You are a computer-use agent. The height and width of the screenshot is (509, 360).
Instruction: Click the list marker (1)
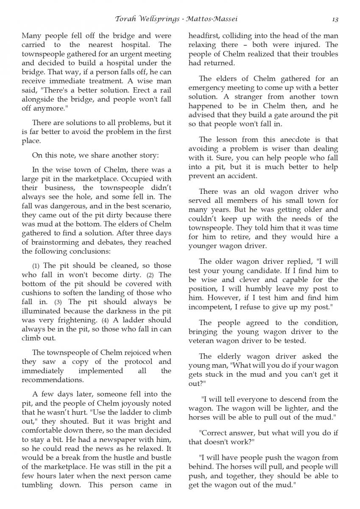(x=36, y=266)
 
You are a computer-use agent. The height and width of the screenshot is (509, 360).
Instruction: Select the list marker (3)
(x=58, y=302)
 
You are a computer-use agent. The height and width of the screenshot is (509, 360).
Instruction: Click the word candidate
(x=274, y=271)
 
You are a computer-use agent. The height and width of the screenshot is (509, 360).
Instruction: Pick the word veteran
(x=202, y=341)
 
